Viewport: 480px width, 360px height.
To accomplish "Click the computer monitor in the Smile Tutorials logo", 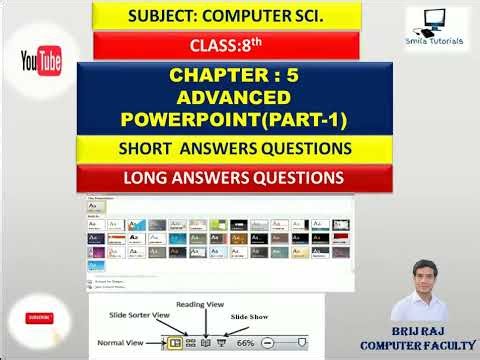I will point(437,22).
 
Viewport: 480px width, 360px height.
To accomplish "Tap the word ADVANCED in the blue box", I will point(234,98).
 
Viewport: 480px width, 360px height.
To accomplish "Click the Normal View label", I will point(125,342).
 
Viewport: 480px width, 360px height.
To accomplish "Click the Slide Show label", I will point(251,316).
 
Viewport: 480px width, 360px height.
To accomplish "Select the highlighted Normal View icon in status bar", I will point(175,342).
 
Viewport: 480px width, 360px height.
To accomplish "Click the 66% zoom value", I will point(245,342).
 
